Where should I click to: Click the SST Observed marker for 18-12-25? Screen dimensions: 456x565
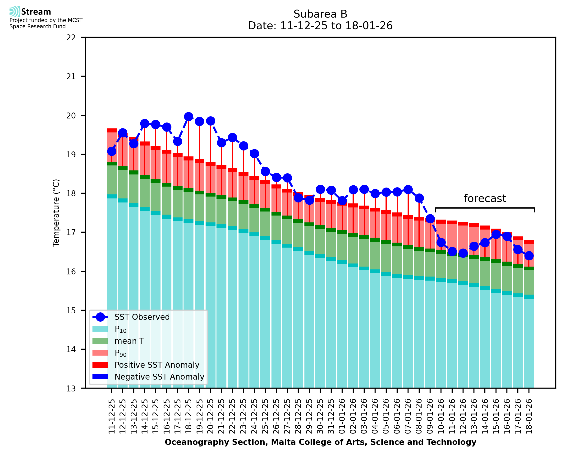coord(188,117)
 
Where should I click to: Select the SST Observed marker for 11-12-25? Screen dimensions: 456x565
coord(112,151)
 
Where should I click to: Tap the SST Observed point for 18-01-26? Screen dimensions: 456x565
coord(528,256)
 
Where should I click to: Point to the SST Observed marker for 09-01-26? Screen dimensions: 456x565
coord(430,219)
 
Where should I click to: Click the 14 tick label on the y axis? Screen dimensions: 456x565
coord(71,349)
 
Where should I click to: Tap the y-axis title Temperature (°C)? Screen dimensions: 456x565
coord(56,213)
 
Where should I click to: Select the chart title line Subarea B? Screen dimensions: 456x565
coord(320,14)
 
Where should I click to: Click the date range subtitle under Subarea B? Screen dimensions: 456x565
coord(320,26)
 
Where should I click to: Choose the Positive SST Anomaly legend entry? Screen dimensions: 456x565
coord(156,365)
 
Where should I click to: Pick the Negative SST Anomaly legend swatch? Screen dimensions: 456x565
coord(100,377)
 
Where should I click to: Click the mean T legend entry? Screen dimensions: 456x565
coord(129,341)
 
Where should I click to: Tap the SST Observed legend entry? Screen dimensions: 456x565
coord(142,317)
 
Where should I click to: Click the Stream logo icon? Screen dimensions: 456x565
coord(15,12)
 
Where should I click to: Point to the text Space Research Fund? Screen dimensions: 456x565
coord(37,27)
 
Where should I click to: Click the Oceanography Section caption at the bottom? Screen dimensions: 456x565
coord(320,442)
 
